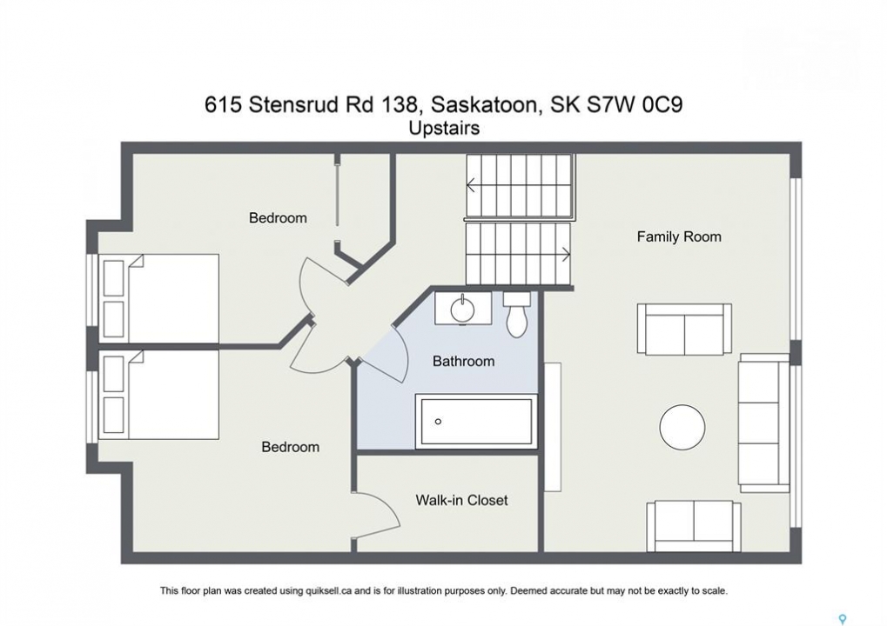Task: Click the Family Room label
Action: click(679, 236)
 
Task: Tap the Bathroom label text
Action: click(463, 362)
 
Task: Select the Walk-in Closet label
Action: click(461, 500)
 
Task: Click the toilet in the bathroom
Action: click(516, 314)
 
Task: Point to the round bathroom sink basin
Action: click(463, 309)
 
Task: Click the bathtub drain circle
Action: click(438, 422)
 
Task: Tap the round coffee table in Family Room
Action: click(682, 427)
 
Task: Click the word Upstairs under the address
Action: click(444, 129)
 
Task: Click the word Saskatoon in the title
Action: click(484, 105)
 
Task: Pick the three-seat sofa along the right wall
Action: click(763, 423)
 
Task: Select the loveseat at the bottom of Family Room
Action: click(694, 526)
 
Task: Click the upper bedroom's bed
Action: click(159, 298)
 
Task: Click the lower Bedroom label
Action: click(290, 447)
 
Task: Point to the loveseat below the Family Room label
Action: click(684, 330)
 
